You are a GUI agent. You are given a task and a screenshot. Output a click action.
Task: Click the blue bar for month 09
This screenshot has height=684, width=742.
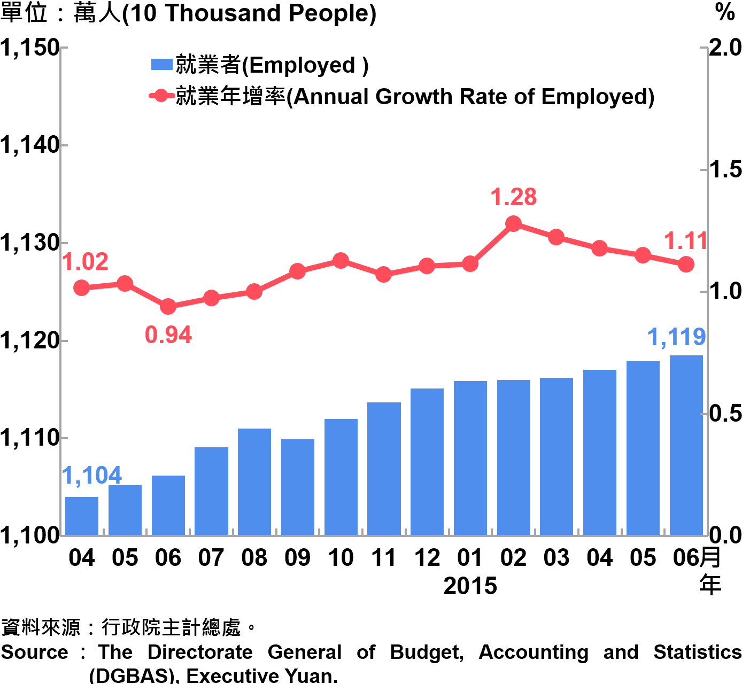click(x=298, y=487)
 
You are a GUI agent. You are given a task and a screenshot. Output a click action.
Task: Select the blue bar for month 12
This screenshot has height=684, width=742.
click(x=427, y=462)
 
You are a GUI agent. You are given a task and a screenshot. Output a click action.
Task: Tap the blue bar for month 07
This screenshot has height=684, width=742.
click(x=211, y=491)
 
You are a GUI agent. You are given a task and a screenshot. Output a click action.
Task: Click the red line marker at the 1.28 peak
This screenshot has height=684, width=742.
click(x=513, y=224)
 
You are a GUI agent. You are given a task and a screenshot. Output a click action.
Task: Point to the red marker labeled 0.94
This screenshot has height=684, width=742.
click(x=168, y=306)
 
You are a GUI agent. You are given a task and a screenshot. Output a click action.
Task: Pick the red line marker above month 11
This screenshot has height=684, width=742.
click(x=383, y=275)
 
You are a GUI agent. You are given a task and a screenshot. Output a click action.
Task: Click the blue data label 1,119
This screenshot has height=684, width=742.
click(x=676, y=337)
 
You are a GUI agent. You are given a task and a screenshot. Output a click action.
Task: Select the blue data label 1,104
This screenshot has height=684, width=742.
click(x=92, y=475)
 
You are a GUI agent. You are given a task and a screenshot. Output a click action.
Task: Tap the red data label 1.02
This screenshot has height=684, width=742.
click(x=86, y=262)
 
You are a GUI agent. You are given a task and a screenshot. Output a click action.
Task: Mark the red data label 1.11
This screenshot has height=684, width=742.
click(x=685, y=242)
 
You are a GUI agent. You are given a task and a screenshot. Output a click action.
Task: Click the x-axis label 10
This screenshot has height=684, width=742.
click(x=341, y=558)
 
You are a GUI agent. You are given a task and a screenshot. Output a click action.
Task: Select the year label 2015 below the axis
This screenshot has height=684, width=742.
click(x=470, y=586)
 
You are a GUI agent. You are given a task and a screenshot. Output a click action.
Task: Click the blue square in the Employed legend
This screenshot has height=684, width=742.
click(x=161, y=65)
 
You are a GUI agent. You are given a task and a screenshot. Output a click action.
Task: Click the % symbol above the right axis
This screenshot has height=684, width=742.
click(x=725, y=12)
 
